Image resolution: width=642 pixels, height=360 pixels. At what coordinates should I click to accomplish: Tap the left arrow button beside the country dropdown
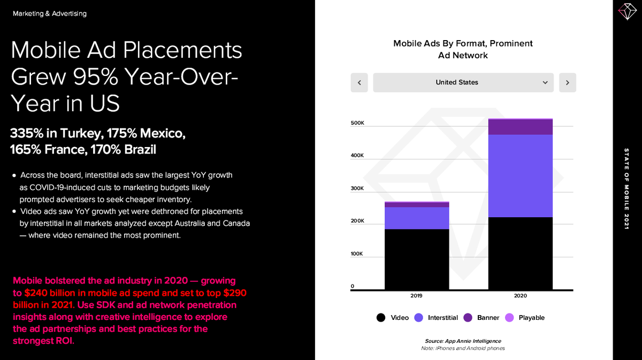pyautogui.click(x=359, y=82)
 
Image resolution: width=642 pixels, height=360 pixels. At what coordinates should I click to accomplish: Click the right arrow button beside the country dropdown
pyautogui.click(x=567, y=82)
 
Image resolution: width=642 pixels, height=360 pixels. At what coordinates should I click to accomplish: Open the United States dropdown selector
pyautogui.click(x=463, y=82)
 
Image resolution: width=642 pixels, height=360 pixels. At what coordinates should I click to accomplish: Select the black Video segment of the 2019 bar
pyautogui.click(x=417, y=259)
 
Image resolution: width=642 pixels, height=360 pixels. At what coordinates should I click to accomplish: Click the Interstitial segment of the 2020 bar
pyautogui.click(x=521, y=175)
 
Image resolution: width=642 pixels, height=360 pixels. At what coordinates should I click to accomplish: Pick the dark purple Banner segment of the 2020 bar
pyautogui.click(x=521, y=127)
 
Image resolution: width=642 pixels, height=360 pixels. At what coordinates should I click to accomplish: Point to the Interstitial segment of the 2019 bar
pyautogui.click(x=417, y=218)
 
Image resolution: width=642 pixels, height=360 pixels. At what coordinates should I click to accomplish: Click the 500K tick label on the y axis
pyautogui.click(x=357, y=123)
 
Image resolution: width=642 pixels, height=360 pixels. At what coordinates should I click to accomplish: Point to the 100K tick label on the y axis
pyautogui.click(x=357, y=254)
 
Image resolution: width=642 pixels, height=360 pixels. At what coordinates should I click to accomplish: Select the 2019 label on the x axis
pyautogui.click(x=416, y=295)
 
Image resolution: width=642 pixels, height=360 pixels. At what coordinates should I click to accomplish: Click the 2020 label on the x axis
pyautogui.click(x=520, y=295)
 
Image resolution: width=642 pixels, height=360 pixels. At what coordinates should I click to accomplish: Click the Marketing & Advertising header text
pyautogui.click(x=50, y=13)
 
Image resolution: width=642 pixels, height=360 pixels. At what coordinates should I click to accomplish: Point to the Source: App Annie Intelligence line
pyautogui.click(x=463, y=341)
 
